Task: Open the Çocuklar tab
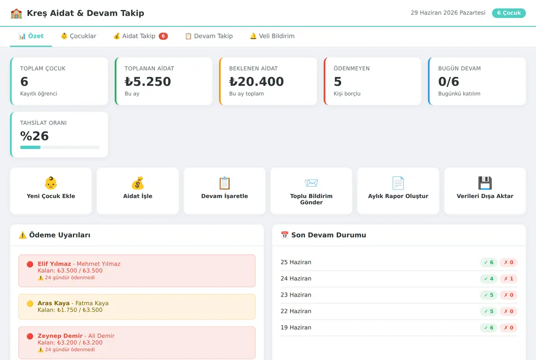click(79, 36)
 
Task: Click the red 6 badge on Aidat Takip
click(163, 36)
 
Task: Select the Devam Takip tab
click(209, 36)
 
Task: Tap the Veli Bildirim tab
click(272, 36)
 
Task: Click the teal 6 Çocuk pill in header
click(509, 13)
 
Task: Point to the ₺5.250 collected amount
click(148, 82)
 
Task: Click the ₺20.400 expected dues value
click(256, 82)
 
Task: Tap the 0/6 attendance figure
click(448, 82)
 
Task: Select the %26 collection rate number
click(34, 136)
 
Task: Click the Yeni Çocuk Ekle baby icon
click(51, 183)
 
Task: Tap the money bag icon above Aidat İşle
click(138, 183)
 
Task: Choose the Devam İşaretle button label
click(224, 196)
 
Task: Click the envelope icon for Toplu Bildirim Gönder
click(311, 183)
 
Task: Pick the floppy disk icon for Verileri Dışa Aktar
click(485, 183)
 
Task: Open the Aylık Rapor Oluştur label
click(398, 196)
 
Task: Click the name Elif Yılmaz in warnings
click(54, 264)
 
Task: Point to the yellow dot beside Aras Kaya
click(30, 304)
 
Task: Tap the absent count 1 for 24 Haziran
click(511, 279)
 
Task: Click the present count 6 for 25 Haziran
click(491, 262)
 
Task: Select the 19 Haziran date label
click(296, 327)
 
